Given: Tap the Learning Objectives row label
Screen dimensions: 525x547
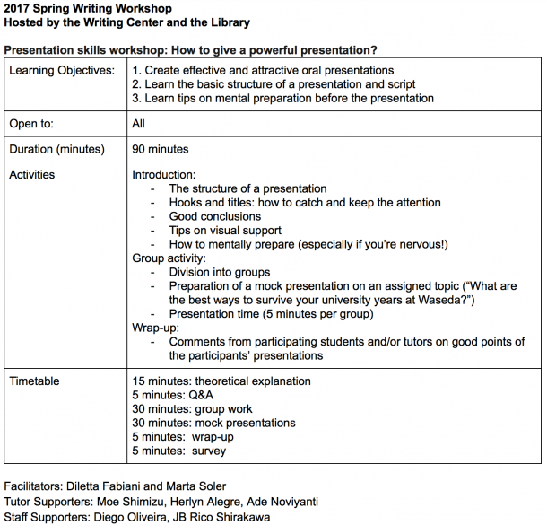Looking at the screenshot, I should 61,70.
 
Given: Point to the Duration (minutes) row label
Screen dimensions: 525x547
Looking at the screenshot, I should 56,149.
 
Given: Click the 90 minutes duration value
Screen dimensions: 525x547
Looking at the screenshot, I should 161,149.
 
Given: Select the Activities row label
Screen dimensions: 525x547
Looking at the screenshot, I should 32,174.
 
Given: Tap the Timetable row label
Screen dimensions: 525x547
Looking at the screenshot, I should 35,381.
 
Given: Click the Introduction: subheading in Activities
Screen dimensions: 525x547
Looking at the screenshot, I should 164,174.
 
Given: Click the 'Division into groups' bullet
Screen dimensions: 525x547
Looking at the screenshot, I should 220,272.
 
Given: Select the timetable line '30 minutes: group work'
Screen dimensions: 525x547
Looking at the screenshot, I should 193,409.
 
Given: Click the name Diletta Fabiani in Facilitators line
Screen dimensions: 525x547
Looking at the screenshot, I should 116,486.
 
